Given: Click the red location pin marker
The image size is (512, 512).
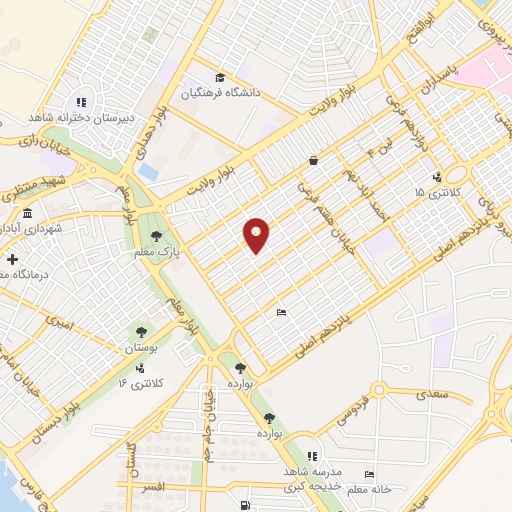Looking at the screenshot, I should [257, 234].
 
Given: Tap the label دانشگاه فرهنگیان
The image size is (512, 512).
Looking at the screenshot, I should [220, 93].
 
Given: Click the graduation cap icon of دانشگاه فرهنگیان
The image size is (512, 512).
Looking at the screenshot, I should [219, 77].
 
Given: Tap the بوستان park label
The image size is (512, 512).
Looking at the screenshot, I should [141, 348].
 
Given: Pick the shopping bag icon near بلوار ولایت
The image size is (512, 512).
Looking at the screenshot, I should [314, 160].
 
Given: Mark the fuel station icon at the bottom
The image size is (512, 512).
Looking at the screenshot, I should [246, 504].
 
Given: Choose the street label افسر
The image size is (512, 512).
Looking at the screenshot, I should [152, 486].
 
